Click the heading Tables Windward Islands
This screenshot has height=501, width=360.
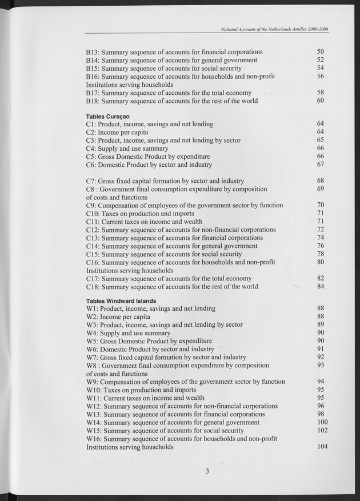pos(121,300)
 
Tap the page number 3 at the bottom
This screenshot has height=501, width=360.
pos(208,471)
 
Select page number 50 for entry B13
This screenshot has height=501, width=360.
pos(321,52)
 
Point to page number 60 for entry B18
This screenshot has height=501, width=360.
pos(321,101)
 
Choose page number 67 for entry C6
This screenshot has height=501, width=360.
pos(321,165)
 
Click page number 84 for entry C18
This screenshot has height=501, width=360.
pos(321,287)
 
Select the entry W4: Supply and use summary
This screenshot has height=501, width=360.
pos(128,333)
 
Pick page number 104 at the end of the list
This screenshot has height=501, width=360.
pos(323,447)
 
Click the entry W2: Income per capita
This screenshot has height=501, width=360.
pos(118,316)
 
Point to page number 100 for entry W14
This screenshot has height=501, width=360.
pos(323,422)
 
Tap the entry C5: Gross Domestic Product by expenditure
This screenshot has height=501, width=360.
pos(148,157)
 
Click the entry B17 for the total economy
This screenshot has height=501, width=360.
pos(169,93)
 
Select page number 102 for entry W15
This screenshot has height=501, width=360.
pos(323,431)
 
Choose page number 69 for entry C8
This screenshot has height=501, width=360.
pos(321,189)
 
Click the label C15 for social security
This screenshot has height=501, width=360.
pos(164,254)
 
